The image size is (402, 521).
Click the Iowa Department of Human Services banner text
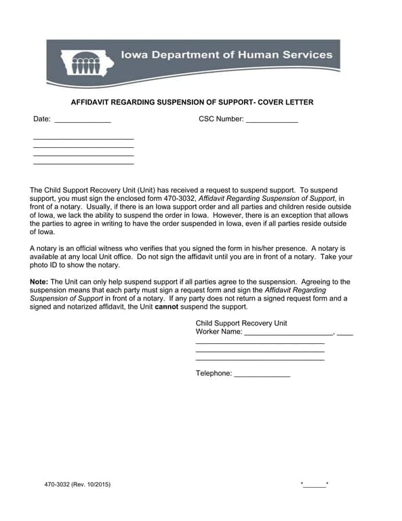point(226,54)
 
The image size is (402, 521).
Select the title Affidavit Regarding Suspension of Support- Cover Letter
point(193,102)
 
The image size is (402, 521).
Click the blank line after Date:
point(82,120)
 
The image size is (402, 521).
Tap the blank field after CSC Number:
point(271,120)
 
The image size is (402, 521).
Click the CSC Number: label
point(220,119)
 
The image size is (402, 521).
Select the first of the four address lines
point(83,139)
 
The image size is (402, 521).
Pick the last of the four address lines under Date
point(83,163)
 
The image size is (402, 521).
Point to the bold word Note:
point(39,282)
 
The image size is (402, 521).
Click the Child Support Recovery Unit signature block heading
point(241,323)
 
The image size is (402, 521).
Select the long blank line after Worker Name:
point(288,332)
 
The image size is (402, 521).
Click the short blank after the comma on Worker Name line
point(344,332)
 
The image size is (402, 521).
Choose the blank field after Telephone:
point(262,374)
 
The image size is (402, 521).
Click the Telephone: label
point(214,373)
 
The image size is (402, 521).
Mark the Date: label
point(42,119)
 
